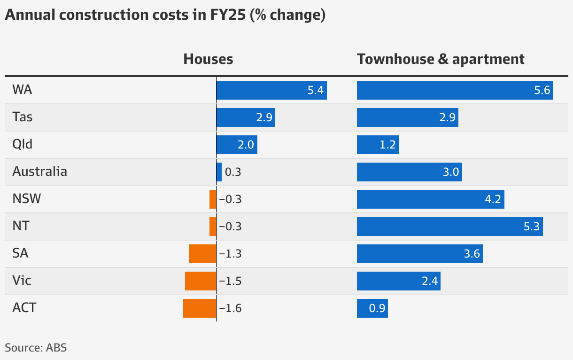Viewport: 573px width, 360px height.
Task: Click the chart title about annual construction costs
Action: [165, 15]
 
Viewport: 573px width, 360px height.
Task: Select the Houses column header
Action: [208, 59]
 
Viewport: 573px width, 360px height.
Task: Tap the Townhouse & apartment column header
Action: [441, 59]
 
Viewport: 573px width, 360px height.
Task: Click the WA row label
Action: [22, 90]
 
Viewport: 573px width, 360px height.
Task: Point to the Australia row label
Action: [39, 172]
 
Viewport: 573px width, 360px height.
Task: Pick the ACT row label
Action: [24, 308]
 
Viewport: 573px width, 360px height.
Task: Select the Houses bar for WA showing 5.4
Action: [271, 90]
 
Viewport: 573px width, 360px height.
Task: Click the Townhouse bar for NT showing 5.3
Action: [449, 227]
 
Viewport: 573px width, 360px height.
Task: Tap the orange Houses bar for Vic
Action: [201, 281]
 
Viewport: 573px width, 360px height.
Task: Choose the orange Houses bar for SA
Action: [202, 254]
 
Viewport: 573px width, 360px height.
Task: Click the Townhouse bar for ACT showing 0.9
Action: [372, 308]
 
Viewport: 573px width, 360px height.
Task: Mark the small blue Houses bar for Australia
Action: [219, 172]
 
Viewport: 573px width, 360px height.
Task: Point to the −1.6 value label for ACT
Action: [230, 308]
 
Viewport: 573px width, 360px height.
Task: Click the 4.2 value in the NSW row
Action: [494, 199]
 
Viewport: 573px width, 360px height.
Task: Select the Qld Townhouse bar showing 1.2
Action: [378, 145]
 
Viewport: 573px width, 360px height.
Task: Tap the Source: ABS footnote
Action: [36, 348]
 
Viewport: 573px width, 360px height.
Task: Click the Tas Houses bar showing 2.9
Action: [245, 117]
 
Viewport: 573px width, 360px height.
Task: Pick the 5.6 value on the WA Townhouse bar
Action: [542, 90]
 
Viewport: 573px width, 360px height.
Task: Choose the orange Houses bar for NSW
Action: [213, 199]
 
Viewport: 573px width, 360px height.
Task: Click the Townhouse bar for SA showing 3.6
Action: [419, 254]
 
